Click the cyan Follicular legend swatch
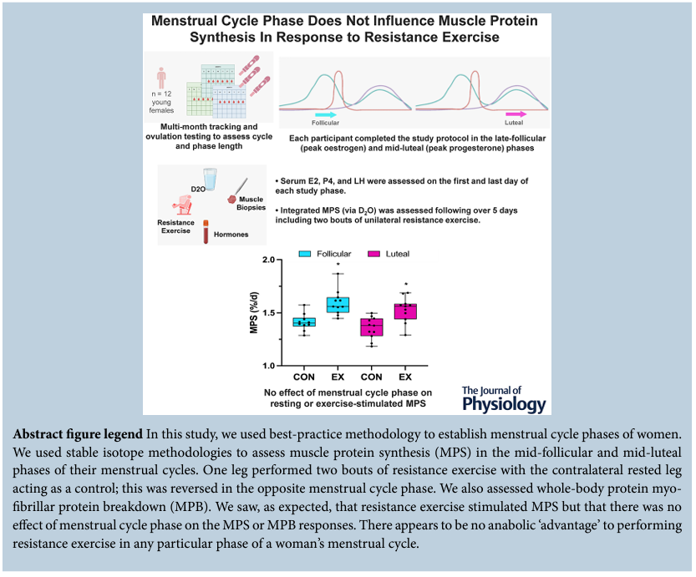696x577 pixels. pos(306,254)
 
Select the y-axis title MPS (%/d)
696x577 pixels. pos(253,313)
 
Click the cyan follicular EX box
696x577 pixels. pos(338,304)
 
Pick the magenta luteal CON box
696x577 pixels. pos(371,327)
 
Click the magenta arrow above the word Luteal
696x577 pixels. pos(517,113)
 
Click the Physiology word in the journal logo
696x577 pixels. pos(504,404)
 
